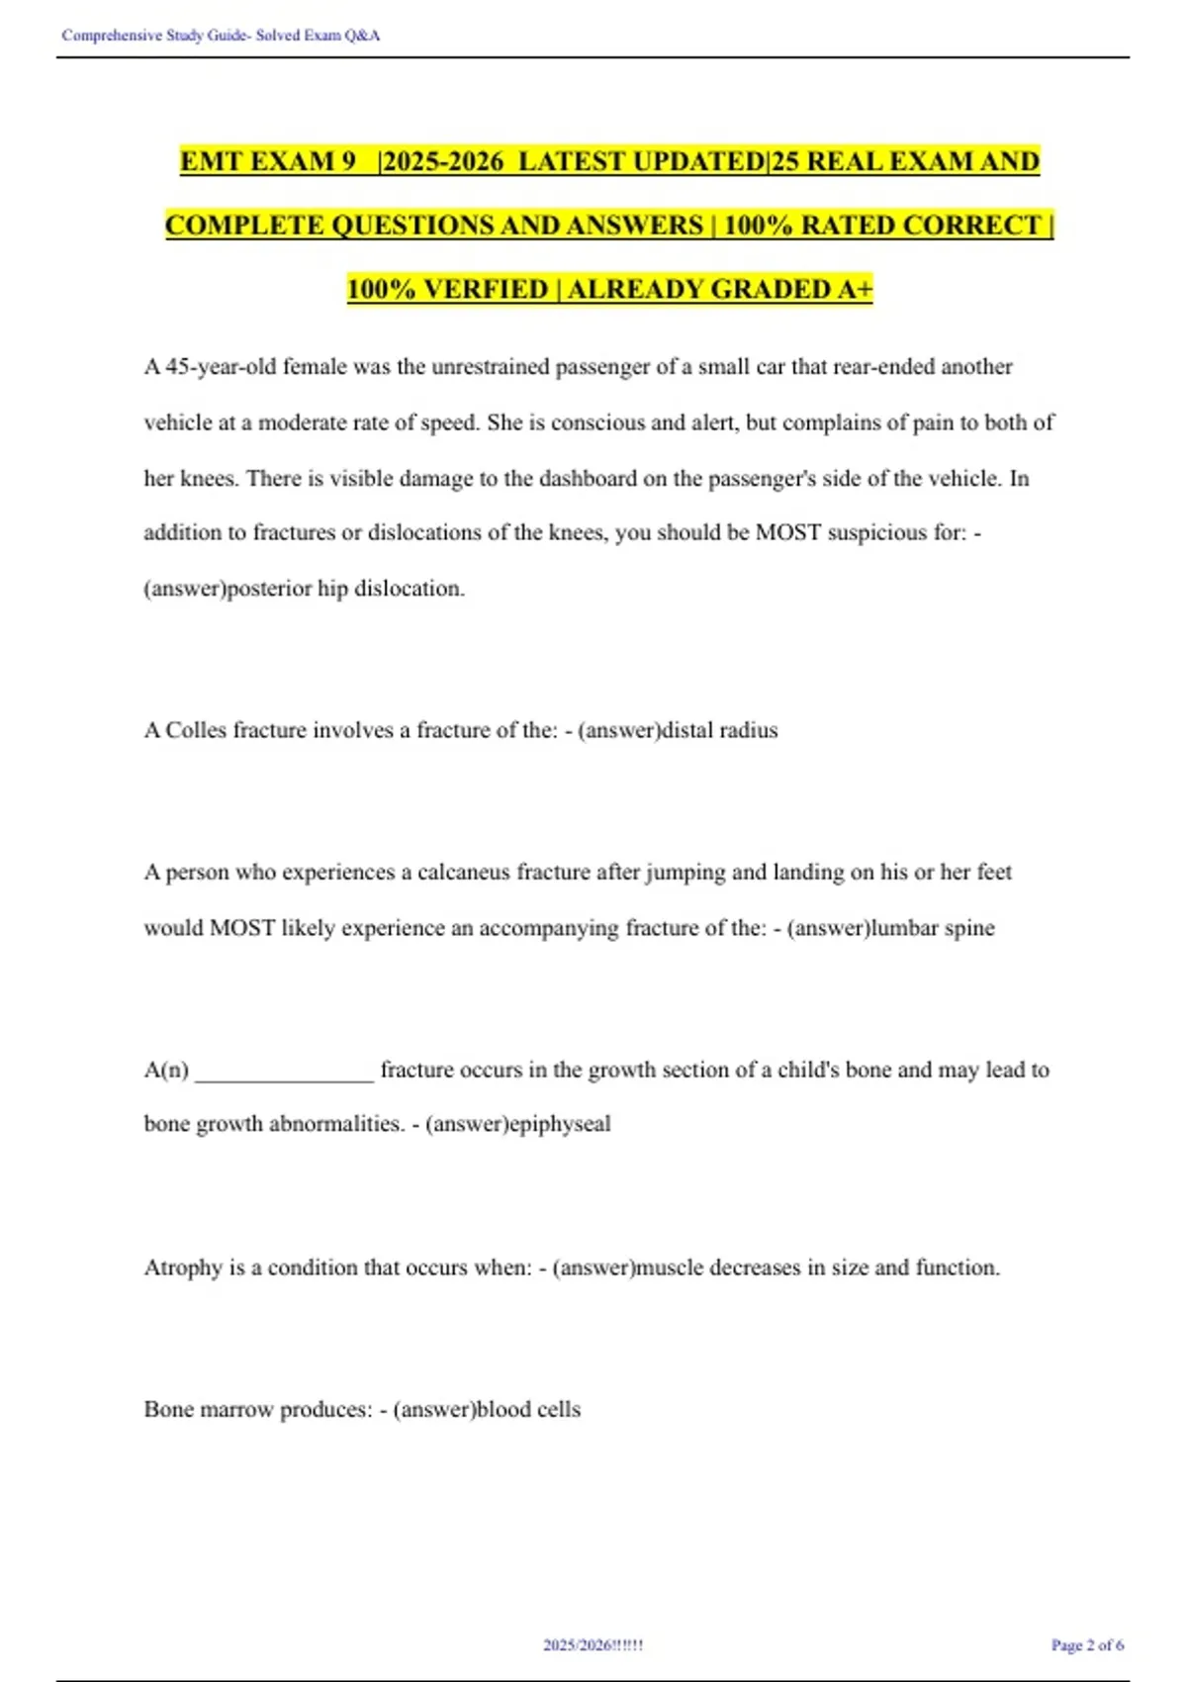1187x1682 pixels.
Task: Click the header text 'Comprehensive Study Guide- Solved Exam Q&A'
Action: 221,36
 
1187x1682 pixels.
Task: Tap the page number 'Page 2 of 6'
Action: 1087,1645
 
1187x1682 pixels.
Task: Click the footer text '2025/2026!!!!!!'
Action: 593,1645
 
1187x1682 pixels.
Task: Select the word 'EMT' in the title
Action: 209,161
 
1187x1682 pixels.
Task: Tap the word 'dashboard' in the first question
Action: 588,479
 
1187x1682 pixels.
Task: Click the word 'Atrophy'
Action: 183,1267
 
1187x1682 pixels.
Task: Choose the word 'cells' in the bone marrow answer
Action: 558,1410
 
